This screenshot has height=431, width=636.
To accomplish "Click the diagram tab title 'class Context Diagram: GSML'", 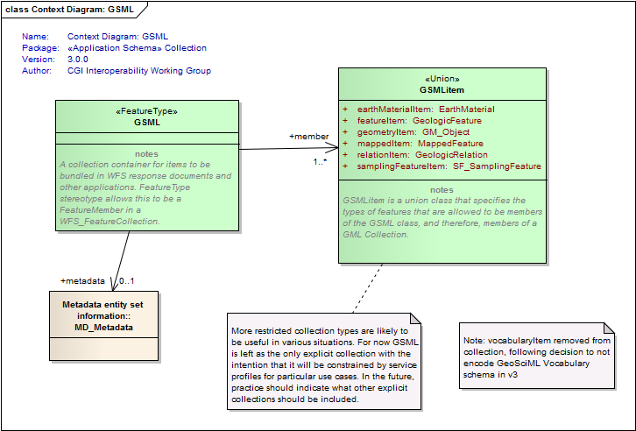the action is [69, 10].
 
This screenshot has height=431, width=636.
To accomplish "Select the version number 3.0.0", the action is [78, 60].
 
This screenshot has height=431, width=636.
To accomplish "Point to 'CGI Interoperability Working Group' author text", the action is [139, 71].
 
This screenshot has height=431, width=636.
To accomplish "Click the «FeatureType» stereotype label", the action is [147, 111].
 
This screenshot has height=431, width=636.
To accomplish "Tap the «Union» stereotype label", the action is [442, 79].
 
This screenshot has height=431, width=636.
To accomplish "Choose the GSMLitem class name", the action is [442, 90].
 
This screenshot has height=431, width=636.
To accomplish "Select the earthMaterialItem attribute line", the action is [419, 110].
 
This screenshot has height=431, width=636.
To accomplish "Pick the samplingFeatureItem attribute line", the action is [442, 166].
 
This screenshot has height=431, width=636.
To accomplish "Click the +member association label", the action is [309, 137].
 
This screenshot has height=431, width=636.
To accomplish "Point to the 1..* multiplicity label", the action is [320, 162].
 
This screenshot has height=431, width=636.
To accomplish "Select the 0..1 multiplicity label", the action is [126, 281].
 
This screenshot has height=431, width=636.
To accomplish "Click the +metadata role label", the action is [82, 281].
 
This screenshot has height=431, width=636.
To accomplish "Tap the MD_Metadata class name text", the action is [104, 328].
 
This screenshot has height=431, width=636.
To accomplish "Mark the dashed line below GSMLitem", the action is [367, 288].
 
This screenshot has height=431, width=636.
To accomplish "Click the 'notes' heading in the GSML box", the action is [147, 154].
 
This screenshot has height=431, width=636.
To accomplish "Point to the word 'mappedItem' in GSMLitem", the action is [385, 144].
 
